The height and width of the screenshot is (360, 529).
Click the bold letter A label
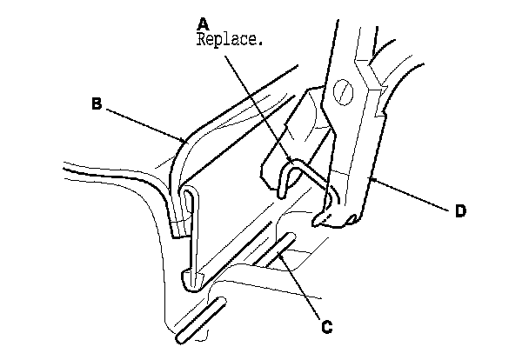[204, 23]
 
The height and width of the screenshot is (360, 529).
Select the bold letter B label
[97, 103]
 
